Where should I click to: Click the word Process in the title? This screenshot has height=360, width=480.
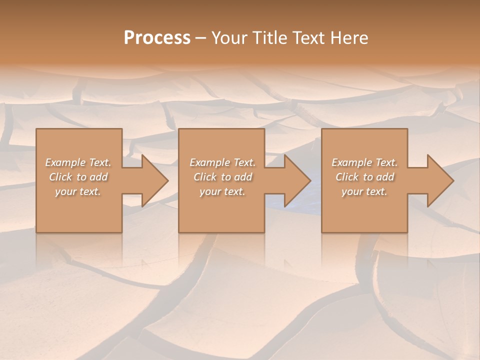click(x=157, y=38)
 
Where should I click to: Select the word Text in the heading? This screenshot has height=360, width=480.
click(x=308, y=38)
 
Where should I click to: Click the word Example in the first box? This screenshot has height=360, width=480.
click(x=65, y=162)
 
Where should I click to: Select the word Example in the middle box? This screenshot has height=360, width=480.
click(x=209, y=162)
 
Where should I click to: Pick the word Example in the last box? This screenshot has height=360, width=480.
click(x=351, y=162)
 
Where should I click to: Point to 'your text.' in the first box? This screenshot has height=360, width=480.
click(x=78, y=191)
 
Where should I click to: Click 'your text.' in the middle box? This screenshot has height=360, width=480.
click(x=222, y=191)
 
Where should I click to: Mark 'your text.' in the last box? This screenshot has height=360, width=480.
click(x=364, y=191)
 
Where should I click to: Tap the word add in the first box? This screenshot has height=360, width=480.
click(x=99, y=177)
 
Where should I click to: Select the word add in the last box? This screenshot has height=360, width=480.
click(x=385, y=177)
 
